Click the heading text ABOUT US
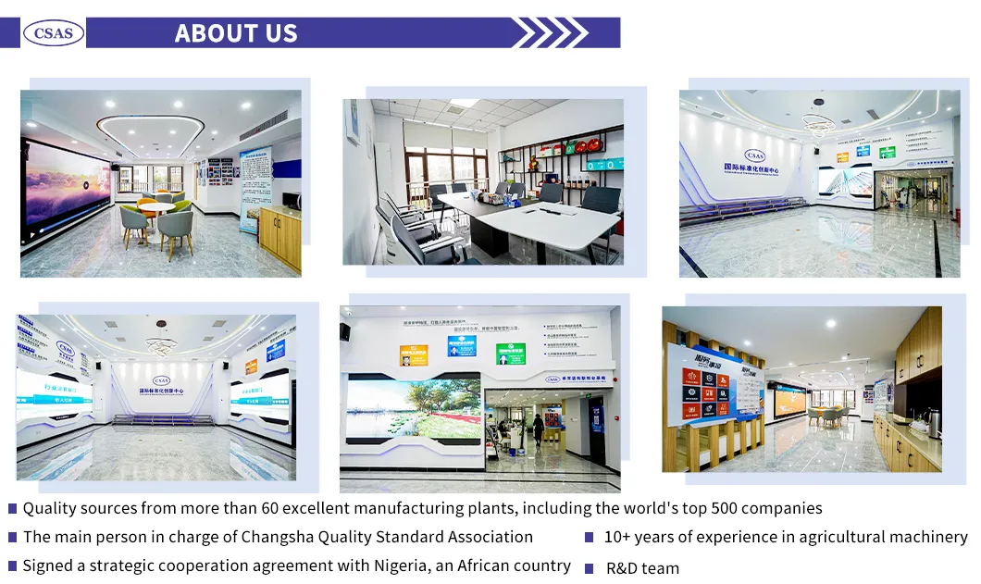coord(236,33)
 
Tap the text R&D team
coord(642,568)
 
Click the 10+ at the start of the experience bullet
coord(618,537)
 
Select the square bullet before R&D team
coord(589,568)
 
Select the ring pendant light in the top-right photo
coord(818,119)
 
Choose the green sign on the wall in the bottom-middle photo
coord(510,353)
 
